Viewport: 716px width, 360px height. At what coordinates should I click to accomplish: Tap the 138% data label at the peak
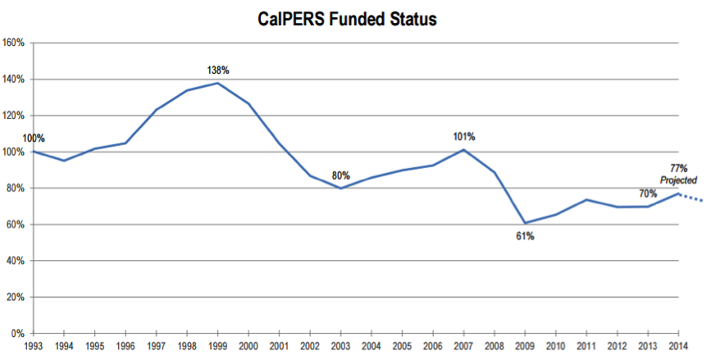pos(217,71)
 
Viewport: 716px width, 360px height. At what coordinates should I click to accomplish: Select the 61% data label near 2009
pos(525,236)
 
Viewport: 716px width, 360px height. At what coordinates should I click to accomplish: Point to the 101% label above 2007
pos(465,136)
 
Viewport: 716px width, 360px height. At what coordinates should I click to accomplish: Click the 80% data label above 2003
pos(341,175)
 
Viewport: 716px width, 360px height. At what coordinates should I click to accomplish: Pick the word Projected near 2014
pos(678,180)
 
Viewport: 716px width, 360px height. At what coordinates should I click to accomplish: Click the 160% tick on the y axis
pos(14,43)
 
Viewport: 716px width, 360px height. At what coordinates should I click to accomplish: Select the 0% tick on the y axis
pos(18,333)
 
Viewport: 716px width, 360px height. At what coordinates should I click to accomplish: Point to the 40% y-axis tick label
pos(16,261)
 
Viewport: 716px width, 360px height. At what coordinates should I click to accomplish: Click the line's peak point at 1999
pos(217,83)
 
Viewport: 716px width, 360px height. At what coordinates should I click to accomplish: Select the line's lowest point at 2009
pos(525,222)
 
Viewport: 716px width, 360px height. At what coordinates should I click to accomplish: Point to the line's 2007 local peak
pos(463,149)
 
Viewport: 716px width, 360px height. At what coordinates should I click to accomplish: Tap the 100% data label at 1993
pos(11,139)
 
